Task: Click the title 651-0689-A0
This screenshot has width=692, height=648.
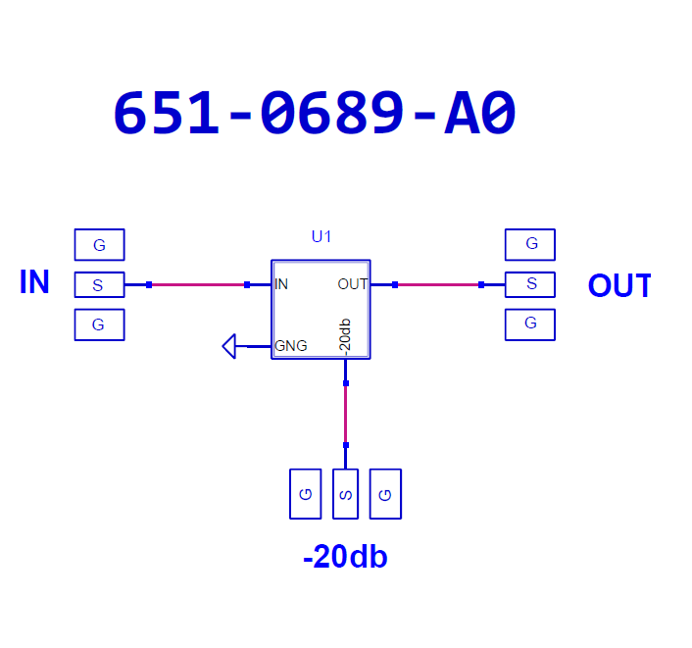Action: (315, 115)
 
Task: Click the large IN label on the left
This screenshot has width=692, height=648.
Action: (34, 282)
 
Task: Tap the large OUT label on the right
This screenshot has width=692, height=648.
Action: (619, 285)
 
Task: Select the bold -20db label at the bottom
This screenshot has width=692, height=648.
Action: (345, 557)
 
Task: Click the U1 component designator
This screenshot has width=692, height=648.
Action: (321, 236)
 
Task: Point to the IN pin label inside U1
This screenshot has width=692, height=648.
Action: (281, 284)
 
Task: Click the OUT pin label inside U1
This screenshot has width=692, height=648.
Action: (352, 284)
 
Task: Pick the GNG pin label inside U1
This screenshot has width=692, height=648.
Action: (291, 345)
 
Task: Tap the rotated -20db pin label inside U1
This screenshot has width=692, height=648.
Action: (344, 335)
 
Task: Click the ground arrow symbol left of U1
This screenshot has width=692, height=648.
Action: (230, 345)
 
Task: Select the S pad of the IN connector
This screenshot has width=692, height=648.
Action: (99, 285)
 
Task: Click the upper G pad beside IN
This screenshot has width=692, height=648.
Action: (99, 244)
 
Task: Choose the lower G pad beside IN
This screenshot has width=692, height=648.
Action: (99, 324)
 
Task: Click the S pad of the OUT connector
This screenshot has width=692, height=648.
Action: (530, 284)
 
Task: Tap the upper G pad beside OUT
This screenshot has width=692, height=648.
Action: (530, 244)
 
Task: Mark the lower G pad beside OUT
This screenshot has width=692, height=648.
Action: (530, 324)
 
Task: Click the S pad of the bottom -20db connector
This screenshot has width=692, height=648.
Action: (345, 494)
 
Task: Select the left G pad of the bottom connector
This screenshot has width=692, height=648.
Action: (305, 494)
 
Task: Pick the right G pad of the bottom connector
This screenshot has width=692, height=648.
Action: (385, 494)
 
